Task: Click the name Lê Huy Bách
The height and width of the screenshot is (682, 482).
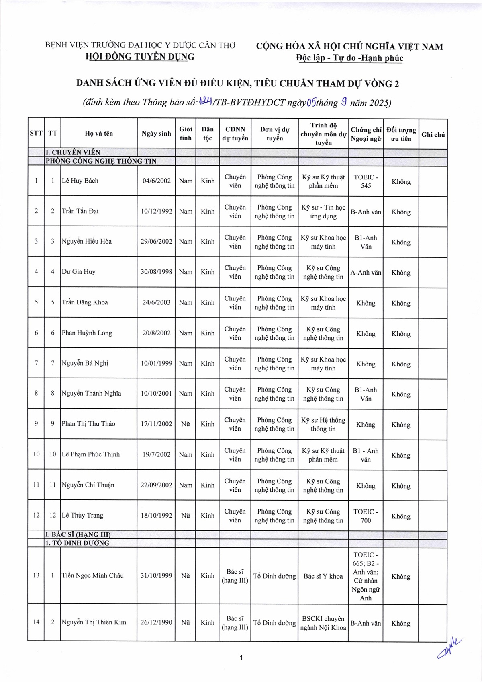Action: pos(80,181)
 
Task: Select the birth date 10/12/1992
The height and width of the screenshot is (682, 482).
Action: pos(156,211)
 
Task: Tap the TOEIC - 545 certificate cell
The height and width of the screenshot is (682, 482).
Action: pos(366,181)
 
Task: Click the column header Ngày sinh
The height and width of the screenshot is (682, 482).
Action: pos(156,134)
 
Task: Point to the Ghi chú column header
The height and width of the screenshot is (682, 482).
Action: pos(433,135)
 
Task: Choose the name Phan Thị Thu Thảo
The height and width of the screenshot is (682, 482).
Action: pos(88,424)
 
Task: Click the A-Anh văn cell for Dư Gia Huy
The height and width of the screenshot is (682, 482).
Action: pos(366,272)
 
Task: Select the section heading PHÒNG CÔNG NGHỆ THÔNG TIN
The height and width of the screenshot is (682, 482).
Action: pos(101,161)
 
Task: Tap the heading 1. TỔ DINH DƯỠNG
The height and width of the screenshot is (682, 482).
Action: pos(77,543)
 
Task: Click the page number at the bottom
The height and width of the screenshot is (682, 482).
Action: pos(241,658)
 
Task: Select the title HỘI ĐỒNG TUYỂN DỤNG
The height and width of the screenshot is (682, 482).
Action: pos(140,57)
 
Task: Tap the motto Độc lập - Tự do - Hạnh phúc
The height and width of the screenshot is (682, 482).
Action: pos(349,58)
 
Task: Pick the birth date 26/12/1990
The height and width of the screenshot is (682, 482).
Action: pos(156,622)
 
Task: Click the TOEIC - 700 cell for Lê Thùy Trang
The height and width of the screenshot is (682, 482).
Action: pos(366,516)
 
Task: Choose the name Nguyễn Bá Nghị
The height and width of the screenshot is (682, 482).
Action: pos(85,363)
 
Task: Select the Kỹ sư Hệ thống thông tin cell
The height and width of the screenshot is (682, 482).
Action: pos(323,425)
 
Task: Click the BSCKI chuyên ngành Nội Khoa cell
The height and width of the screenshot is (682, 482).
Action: pos(323,623)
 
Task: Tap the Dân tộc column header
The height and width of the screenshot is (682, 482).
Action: pos(207,134)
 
